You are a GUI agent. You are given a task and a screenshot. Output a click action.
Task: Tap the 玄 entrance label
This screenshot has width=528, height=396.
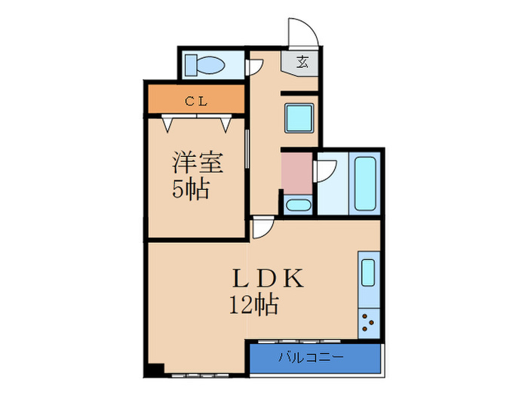(301, 62)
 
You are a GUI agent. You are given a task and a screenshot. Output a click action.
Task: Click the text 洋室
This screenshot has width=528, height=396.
(190, 162)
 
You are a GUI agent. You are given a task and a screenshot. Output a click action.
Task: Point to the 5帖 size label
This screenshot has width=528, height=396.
(190, 189)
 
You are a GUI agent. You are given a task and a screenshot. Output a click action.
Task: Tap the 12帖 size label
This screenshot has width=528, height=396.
(254, 305)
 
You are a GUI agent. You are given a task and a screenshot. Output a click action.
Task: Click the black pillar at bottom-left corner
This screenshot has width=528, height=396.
(154, 370)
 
